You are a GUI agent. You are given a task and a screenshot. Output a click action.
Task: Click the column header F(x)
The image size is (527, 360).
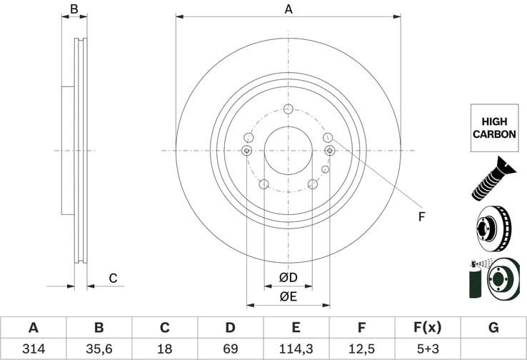[x=427, y=328]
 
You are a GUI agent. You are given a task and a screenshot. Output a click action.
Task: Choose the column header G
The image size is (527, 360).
[x=493, y=328]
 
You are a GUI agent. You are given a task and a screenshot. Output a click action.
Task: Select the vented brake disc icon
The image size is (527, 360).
[x=492, y=228]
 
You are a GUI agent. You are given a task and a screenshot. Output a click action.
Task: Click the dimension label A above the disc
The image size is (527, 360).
[x=288, y=9]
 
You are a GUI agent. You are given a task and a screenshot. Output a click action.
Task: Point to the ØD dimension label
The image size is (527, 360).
[x=288, y=277]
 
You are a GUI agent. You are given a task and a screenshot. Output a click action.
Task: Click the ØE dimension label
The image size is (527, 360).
[x=288, y=296]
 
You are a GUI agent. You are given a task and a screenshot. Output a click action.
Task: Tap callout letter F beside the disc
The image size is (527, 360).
[x=421, y=216]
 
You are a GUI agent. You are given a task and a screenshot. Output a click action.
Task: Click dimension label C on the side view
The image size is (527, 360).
[x=113, y=278]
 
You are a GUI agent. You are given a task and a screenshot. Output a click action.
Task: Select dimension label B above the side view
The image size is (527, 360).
[x=74, y=9]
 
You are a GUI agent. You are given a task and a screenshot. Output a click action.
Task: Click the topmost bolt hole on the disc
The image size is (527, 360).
[x=288, y=109]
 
